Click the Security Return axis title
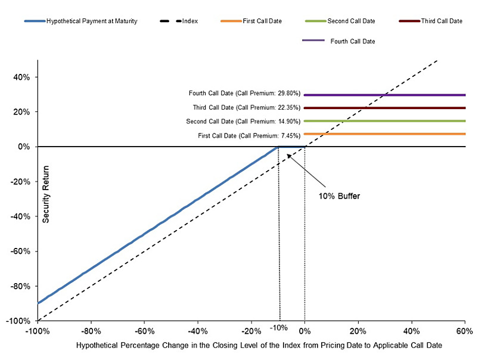pyautogui.click(x=46, y=194)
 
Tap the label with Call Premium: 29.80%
pyautogui.click(x=244, y=94)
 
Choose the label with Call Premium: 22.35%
pyautogui.click(x=247, y=108)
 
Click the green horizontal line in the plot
pyautogui.click(x=384, y=121)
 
